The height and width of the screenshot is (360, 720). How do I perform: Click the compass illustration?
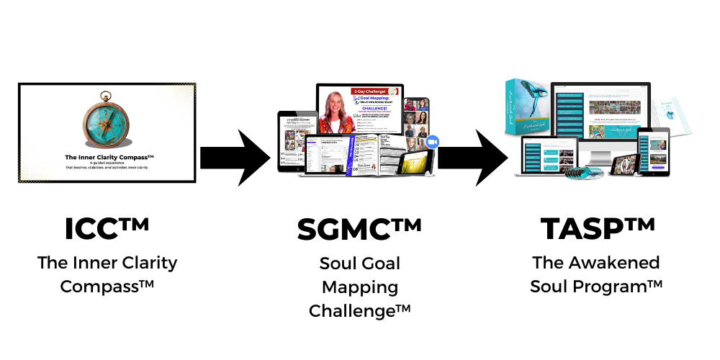click(106, 119)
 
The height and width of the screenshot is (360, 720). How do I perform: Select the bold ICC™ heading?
click(107, 229)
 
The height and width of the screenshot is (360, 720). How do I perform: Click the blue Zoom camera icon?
click(433, 143)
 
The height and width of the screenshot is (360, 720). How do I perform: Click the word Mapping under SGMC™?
click(359, 287)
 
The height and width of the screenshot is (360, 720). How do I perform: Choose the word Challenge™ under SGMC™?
click(359, 311)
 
